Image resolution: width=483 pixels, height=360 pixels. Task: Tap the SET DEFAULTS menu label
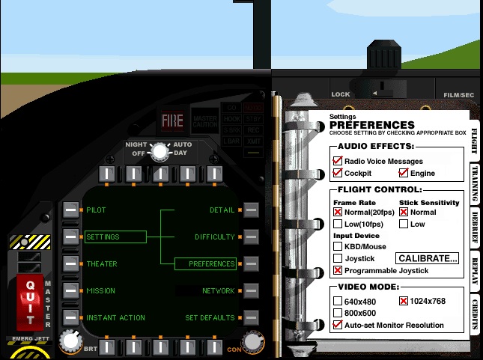point(210,318)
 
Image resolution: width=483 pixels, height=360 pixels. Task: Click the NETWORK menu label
point(218,291)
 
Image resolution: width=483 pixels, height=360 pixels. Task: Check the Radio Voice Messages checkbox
point(338,161)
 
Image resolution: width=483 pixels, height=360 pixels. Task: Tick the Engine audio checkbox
point(403,173)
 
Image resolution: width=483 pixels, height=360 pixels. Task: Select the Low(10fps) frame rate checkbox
point(338,224)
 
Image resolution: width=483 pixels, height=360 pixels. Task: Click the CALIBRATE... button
point(428,259)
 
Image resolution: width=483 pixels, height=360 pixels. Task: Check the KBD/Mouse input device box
point(338,246)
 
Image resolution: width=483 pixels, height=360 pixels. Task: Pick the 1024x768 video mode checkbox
point(403,301)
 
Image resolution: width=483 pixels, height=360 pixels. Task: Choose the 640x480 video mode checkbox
point(338,301)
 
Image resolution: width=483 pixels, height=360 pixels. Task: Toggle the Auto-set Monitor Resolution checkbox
point(338,325)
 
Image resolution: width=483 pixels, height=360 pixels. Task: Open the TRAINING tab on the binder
point(475,182)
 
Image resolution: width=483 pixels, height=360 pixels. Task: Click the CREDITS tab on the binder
point(475,312)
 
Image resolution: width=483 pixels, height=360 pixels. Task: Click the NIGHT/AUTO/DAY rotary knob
point(160,151)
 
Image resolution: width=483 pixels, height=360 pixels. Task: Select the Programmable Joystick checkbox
point(338,269)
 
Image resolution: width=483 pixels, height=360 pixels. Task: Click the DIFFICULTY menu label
point(215,237)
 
